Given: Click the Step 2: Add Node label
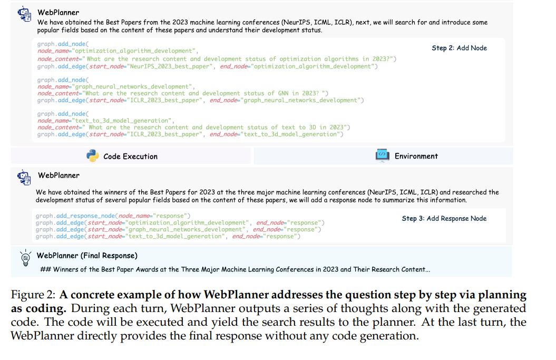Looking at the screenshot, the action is [459, 48].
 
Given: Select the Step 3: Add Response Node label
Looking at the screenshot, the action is [444, 218].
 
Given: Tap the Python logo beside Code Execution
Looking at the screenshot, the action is [93, 156].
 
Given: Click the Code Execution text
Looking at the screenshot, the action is [130, 156].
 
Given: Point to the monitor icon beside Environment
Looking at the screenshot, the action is [382, 155].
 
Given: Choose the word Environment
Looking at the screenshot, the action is [416, 156].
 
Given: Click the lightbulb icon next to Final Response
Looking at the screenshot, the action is [25, 258].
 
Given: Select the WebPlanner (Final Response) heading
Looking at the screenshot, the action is [87, 256].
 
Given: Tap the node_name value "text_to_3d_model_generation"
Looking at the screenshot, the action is [123, 121].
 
